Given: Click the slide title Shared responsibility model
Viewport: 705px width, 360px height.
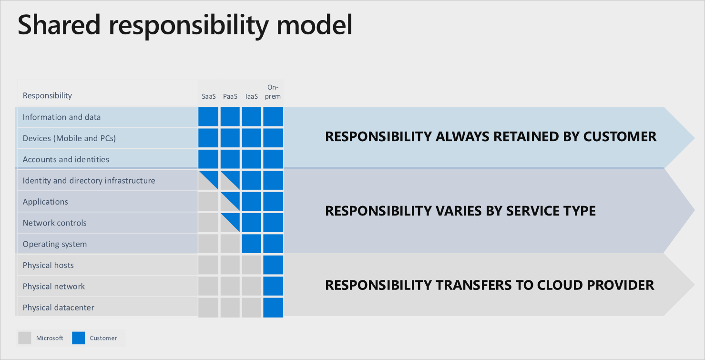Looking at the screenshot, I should click(185, 25).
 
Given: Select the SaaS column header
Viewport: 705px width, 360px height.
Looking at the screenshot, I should click(208, 96).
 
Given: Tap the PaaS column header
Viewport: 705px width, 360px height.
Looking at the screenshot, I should click(230, 96).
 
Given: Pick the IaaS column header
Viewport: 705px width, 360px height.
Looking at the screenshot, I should click(251, 96).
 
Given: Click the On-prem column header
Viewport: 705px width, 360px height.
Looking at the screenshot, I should click(273, 92).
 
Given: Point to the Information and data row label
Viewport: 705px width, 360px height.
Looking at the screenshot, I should click(61, 117).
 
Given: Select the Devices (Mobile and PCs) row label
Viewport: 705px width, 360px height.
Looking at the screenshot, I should click(69, 138).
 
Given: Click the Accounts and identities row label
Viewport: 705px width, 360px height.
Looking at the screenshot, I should click(66, 160).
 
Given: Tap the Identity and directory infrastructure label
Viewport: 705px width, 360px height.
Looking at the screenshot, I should click(89, 181).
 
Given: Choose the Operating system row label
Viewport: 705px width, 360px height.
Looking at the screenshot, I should click(55, 244).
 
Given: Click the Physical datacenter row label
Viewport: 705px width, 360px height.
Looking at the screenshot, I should click(59, 308).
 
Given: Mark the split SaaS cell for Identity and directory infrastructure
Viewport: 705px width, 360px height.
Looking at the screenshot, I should click(208, 181).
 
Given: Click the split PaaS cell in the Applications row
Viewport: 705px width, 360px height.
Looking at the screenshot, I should click(230, 202).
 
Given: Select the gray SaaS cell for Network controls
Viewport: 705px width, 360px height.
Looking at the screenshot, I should click(208, 223).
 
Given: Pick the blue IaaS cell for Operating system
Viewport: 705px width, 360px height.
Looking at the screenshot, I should click(251, 244).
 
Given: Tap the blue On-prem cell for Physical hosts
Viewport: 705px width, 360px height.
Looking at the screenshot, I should click(273, 265).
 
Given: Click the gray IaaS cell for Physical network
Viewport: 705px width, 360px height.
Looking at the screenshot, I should click(251, 286).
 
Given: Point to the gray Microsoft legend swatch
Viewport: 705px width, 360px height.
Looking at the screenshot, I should click(24, 338).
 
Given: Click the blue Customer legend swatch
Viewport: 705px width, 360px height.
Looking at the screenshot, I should click(78, 338).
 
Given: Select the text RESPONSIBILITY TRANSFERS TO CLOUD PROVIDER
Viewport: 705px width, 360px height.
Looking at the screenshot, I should click(490, 285).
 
